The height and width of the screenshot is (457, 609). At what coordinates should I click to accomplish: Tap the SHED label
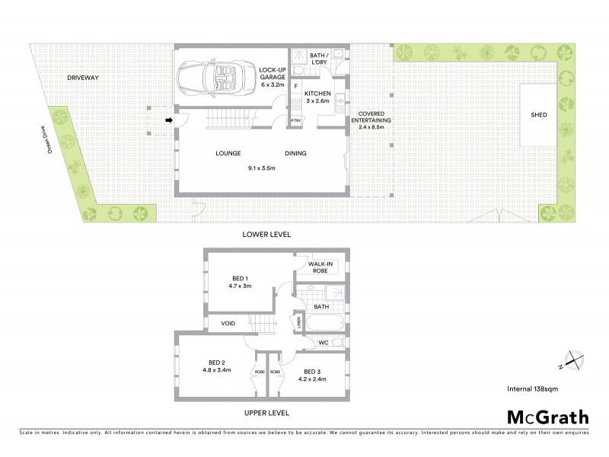tap(539, 115)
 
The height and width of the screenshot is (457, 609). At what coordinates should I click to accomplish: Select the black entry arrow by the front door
tap(169, 120)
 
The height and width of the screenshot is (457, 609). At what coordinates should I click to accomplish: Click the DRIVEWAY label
tap(82, 78)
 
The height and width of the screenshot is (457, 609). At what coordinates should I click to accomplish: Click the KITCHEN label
tap(317, 94)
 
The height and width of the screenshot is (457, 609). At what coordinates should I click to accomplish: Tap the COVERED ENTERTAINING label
tap(371, 120)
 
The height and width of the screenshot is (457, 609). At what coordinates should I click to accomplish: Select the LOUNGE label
tap(228, 154)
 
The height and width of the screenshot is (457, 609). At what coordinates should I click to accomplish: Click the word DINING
tap(295, 154)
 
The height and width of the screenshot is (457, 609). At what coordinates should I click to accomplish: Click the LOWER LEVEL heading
tap(266, 234)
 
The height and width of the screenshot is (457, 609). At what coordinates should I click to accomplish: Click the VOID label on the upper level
tap(228, 324)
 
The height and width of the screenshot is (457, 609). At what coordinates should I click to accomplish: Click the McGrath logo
tap(547, 416)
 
